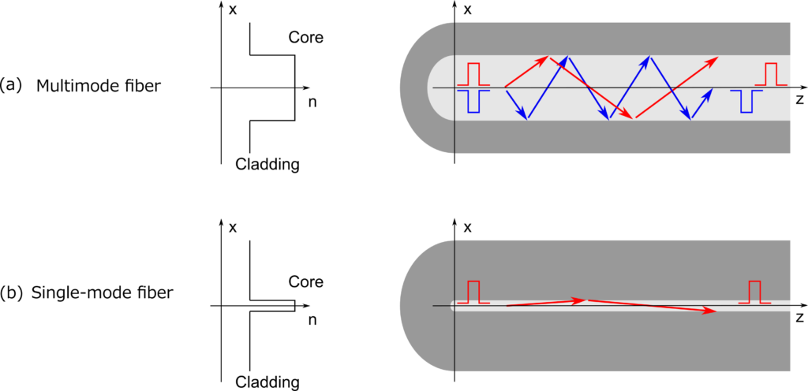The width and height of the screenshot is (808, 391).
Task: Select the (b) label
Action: point(13,293)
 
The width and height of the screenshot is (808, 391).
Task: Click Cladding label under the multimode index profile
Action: point(267,165)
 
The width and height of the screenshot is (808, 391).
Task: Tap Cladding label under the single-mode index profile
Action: point(267,382)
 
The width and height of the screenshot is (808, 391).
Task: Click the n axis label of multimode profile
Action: point(312,102)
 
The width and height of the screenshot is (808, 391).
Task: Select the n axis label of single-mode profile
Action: point(312,320)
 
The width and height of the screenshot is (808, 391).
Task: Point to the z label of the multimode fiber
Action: point(799,102)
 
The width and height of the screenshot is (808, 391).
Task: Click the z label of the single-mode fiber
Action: point(799,318)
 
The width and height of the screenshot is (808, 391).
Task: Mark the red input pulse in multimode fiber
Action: point(473,74)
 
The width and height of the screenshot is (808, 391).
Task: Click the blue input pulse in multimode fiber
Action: point(473,101)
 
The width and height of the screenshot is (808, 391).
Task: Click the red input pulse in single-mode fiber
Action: point(473,292)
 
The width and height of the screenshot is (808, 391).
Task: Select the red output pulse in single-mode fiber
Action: point(754,292)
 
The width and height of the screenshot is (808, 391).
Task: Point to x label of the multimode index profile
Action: point(232,10)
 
